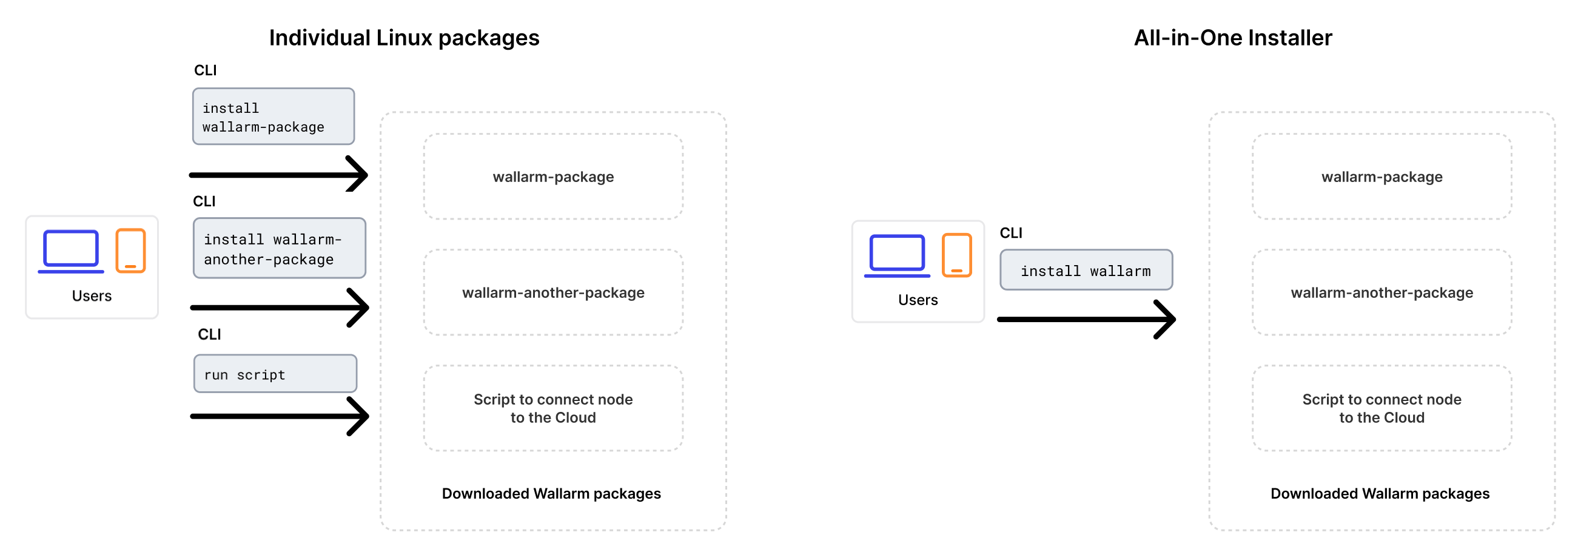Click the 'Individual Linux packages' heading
[x=404, y=38]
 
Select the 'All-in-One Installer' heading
[x=1232, y=38]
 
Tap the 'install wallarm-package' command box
[x=274, y=116]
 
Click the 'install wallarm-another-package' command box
[x=280, y=248]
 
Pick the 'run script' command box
[x=275, y=374]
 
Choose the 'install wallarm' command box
[x=1086, y=270]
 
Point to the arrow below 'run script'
[x=279, y=416]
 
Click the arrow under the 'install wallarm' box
[x=1086, y=319]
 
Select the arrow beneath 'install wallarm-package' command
[x=278, y=175]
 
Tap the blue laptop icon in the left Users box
[x=71, y=251]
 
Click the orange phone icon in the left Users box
[x=130, y=251]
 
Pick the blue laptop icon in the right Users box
[x=897, y=255]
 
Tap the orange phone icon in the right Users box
[x=956, y=255]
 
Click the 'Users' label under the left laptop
[x=92, y=296]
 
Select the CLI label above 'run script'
[x=209, y=334]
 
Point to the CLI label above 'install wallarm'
[x=1011, y=233]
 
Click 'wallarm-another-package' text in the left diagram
[x=552, y=292]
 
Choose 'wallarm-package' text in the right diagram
[x=1382, y=177]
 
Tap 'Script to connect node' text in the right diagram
[x=1382, y=400]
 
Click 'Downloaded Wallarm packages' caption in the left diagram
[x=551, y=493]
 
